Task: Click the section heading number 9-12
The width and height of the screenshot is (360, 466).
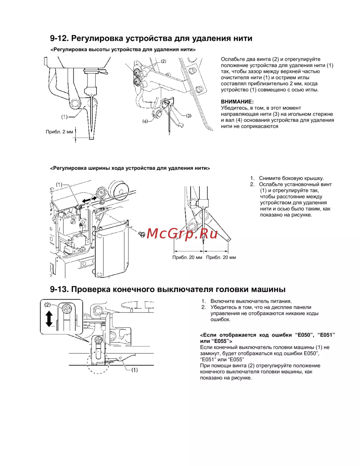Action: (x=59, y=39)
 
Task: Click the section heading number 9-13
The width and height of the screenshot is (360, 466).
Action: (x=59, y=289)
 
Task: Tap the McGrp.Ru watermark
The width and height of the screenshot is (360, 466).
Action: (x=182, y=234)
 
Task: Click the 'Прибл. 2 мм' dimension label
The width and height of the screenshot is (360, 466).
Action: (x=59, y=132)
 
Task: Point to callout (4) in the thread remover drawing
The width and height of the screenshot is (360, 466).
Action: (x=145, y=121)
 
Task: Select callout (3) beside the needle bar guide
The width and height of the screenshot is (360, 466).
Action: (x=189, y=116)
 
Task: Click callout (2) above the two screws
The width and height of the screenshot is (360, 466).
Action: (x=163, y=61)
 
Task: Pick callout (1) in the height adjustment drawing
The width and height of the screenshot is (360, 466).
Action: (x=64, y=117)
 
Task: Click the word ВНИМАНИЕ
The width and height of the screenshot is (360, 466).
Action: (x=237, y=102)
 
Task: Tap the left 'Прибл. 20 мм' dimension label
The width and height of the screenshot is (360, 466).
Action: (x=187, y=257)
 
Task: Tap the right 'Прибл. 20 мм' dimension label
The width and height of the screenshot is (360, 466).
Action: (x=221, y=257)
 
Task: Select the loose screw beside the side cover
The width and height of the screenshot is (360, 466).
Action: (x=142, y=234)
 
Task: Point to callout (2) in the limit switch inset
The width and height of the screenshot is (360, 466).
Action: (x=48, y=305)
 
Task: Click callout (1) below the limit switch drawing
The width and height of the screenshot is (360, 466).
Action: (x=134, y=370)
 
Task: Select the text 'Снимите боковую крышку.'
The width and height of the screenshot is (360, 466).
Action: (x=291, y=178)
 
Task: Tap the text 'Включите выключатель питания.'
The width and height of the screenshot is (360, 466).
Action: (x=251, y=301)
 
